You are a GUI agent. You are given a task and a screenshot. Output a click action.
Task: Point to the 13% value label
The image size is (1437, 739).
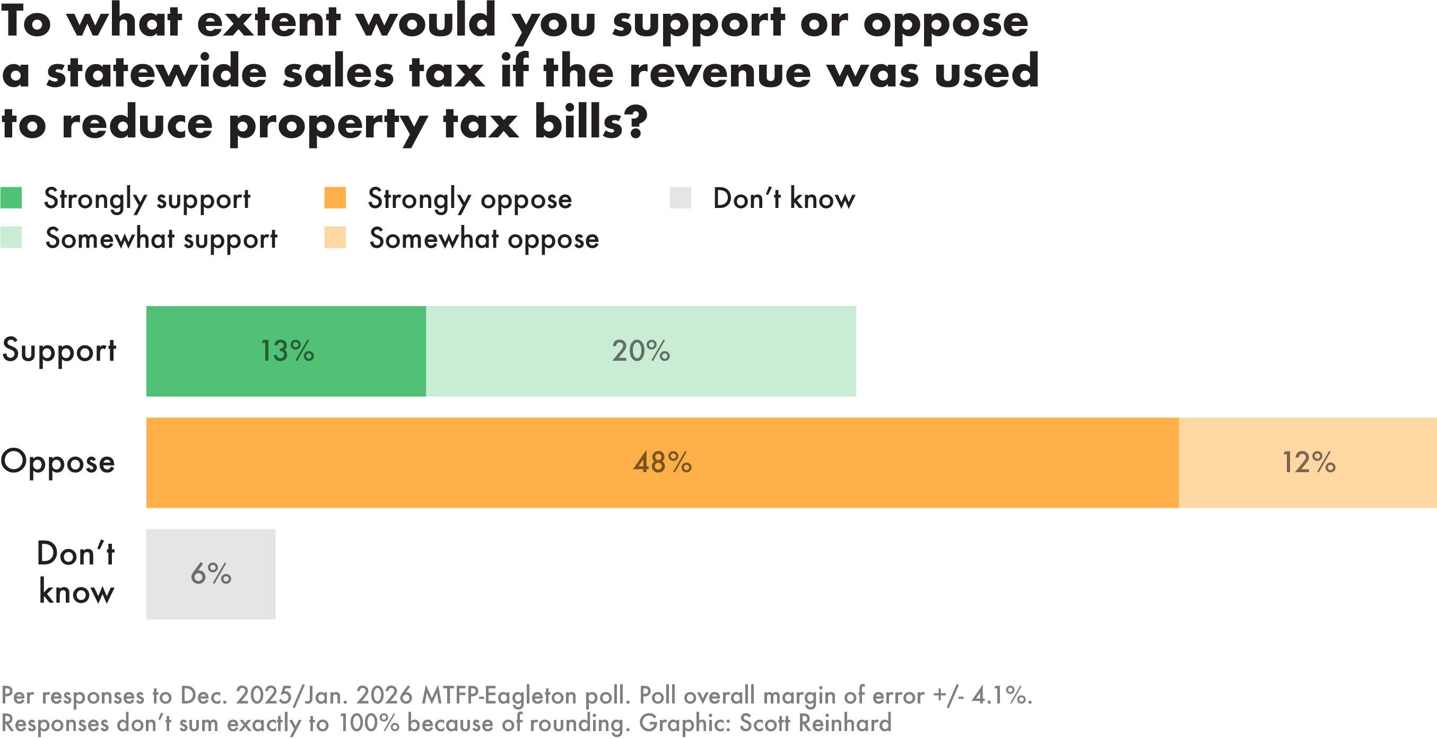point(288,351)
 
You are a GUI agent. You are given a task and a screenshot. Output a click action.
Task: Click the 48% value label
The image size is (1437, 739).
point(662,463)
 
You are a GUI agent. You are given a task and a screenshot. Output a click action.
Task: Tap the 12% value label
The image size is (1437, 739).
point(1309,463)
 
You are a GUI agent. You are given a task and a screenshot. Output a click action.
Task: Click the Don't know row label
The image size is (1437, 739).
point(76,573)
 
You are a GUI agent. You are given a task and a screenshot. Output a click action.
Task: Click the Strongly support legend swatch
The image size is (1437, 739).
point(11,198)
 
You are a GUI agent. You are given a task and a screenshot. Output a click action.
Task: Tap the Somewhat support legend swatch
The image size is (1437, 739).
point(11,238)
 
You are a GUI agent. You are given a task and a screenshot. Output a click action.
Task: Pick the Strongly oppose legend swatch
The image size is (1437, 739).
point(335,198)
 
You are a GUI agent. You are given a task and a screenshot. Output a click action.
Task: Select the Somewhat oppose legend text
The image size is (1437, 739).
point(484,239)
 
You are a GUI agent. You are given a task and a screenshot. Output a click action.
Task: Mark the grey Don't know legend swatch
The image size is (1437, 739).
point(680,198)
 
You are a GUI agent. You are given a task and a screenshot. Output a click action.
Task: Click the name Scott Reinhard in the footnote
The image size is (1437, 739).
point(815,724)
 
